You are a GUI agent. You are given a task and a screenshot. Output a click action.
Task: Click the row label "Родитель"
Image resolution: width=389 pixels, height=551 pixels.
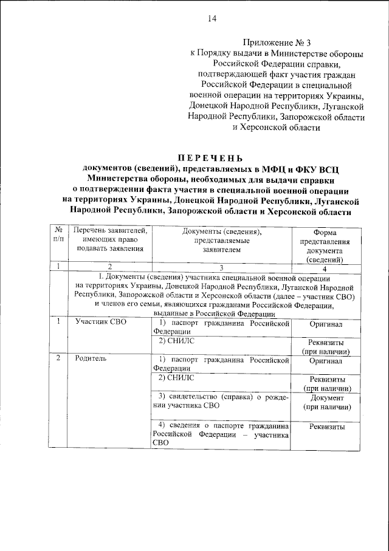[x=91, y=358]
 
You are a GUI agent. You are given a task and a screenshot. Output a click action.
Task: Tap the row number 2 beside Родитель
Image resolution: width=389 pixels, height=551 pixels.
[x=57, y=358]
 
